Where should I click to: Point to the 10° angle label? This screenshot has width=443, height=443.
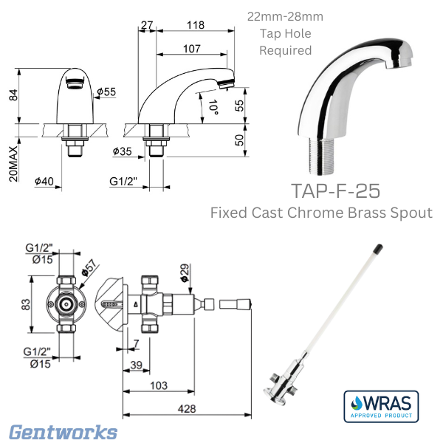(x=213, y=109)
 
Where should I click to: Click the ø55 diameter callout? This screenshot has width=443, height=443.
(x=106, y=92)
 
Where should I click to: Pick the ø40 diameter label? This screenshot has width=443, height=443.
(x=44, y=179)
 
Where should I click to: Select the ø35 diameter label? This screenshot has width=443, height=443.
(x=123, y=152)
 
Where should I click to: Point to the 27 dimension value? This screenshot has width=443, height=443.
(x=146, y=24)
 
